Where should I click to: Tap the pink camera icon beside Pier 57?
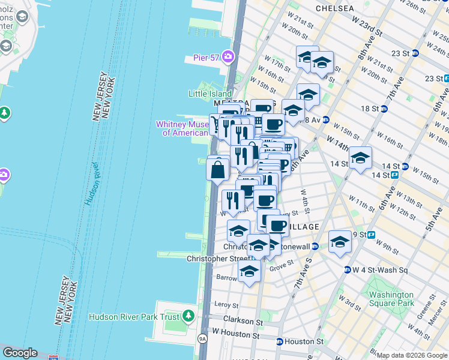click(228, 58)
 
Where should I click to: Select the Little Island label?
click(210, 94)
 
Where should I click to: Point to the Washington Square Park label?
click(391, 299)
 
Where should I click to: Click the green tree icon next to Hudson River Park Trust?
click(188, 316)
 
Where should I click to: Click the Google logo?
click(20, 353)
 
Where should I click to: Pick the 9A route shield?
click(202, 339)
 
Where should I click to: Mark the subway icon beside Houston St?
click(279, 341)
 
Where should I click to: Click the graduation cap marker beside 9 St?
click(340, 241)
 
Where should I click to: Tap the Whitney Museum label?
click(182, 128)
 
